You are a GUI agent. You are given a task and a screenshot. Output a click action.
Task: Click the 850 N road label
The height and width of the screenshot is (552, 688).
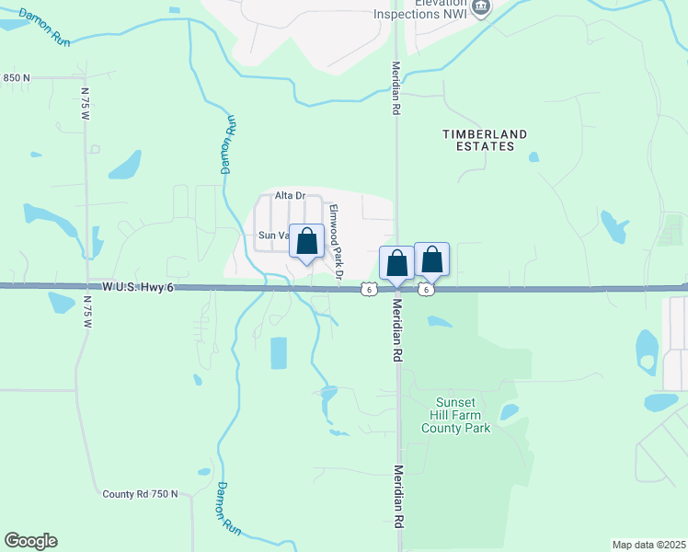17,78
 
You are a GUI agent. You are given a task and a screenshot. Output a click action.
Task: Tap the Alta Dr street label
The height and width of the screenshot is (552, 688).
290,196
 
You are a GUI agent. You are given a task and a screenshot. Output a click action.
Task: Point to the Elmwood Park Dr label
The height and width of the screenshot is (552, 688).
336,242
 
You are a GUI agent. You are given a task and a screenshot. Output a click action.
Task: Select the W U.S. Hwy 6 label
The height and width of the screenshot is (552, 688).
138,288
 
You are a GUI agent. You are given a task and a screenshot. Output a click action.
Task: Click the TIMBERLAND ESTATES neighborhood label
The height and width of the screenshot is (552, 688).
485,140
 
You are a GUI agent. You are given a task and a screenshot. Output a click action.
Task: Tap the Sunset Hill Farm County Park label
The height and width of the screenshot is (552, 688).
455,415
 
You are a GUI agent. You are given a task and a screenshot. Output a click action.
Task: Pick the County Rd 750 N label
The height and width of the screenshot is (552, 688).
140,494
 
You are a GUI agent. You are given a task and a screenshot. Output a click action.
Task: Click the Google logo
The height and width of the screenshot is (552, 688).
30,541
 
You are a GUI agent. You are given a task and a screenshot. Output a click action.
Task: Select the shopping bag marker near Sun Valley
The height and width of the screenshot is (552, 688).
307,243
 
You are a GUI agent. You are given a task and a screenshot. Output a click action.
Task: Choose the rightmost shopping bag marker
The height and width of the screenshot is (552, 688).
431,260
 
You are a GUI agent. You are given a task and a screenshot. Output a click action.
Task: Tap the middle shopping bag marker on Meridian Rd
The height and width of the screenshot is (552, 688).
396,264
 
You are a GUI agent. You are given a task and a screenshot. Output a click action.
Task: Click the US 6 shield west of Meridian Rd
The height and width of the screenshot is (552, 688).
368,290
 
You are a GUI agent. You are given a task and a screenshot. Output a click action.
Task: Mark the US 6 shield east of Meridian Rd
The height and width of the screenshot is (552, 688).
427,290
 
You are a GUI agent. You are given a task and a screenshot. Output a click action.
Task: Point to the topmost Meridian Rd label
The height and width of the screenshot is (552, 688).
396,87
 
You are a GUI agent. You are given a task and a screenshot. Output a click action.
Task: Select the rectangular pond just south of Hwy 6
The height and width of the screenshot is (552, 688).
278,353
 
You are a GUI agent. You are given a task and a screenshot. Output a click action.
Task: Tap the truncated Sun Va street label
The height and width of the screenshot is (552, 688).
273,236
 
